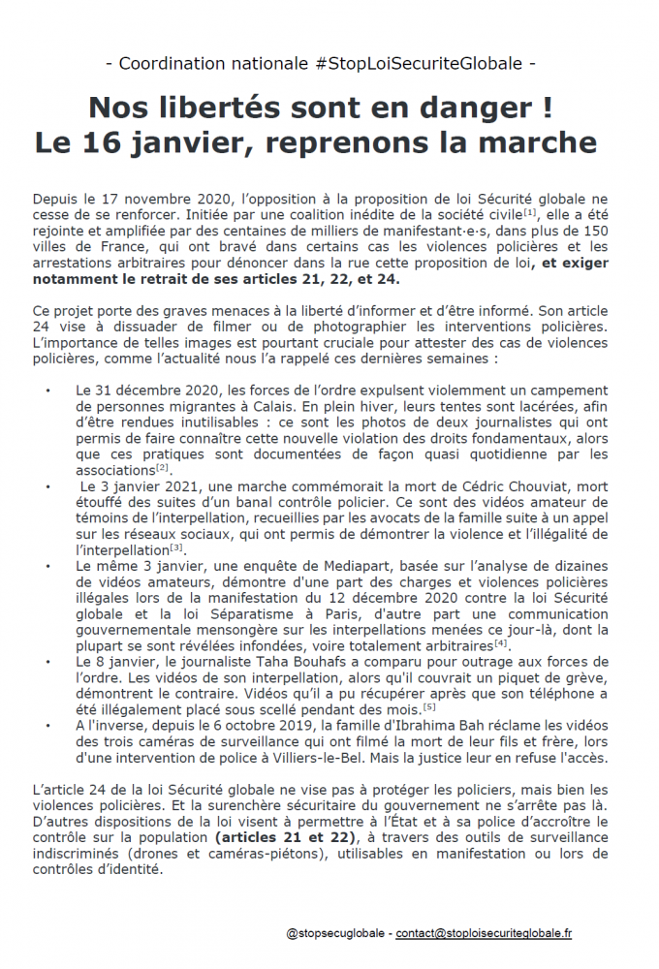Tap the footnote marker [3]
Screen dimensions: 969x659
click(176, 547)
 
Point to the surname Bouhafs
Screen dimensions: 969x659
click(291, 661)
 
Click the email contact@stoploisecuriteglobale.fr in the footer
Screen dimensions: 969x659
click(484, 933)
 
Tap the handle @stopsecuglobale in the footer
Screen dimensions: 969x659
click(335, 933)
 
